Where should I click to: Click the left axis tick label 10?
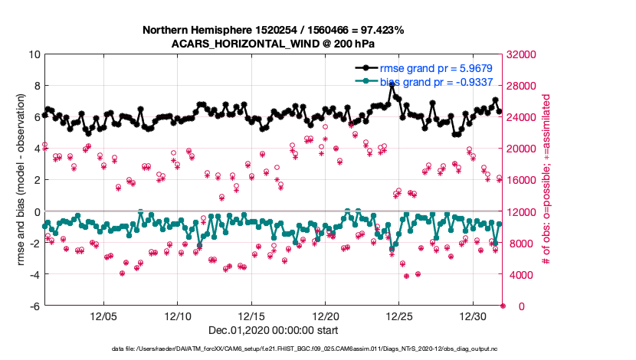(34, 54)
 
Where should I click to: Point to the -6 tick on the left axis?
(34, 306)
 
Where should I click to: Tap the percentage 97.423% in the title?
(379, 30)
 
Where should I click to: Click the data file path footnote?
(273, 349)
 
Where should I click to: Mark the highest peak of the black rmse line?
(392, 84)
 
